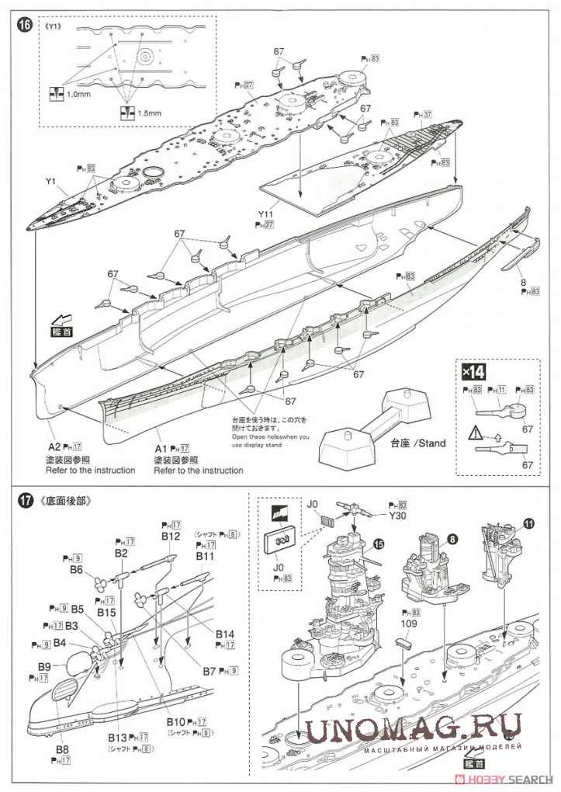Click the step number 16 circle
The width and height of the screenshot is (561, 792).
tap(27, 26)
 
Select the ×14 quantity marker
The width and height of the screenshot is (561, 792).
tap(473, 370)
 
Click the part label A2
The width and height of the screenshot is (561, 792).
tap(54, 447)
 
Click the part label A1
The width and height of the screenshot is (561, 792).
tap(161, 448)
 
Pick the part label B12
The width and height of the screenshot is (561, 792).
tap(172, 536)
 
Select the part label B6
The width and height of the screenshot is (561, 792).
tap(76, 569)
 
